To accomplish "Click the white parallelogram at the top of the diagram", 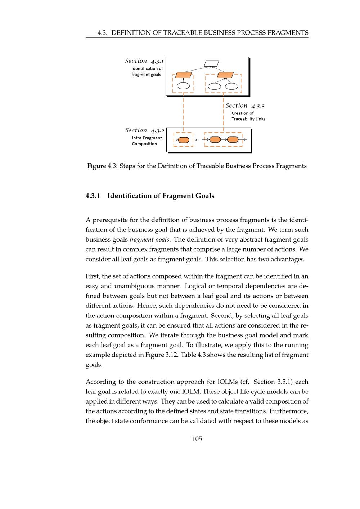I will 211,63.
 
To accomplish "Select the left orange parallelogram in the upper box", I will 183,75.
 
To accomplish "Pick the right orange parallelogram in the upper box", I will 225,75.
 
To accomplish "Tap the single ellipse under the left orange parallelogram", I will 184,86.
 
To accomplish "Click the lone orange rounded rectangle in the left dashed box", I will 184,140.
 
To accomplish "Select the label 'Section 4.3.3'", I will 245,105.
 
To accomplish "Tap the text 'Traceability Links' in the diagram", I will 248,119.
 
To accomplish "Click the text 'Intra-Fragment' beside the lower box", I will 147,138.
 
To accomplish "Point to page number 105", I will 197,439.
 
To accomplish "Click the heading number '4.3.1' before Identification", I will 93,196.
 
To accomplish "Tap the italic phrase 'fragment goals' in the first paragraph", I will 149,240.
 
